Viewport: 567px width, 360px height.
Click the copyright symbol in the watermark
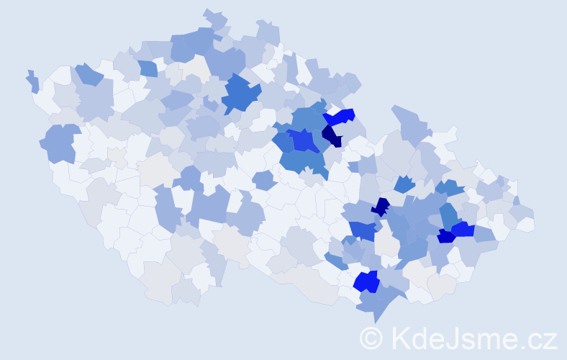(x=371, y=338)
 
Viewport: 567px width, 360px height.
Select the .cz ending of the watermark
(x=540, y=338)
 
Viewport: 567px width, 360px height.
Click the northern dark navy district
(x=332, y=135)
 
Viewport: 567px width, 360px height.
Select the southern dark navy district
(x=380, y=207)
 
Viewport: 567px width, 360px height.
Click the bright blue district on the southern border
(x=367, y=282)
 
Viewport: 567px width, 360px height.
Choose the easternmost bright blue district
(x=462, y=230)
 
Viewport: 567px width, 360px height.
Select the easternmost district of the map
(x=526, y=223)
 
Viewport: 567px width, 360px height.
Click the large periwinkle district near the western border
(x=60, y=143)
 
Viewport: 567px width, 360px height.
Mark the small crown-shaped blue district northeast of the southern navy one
(x=404, y=184)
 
